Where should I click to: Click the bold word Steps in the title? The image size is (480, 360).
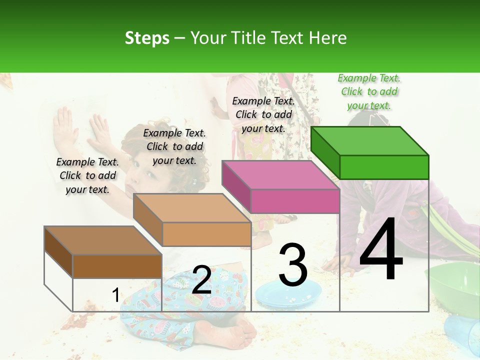(x=147, y=38)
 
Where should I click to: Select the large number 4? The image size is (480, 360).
(x=381, y=249)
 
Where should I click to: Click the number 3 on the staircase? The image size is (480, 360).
(x=293, y=265)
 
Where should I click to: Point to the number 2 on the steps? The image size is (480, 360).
(x=201, y=280)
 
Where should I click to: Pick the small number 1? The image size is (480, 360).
(x=115, y=295)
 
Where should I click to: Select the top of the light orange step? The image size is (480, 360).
(x=192, y=208)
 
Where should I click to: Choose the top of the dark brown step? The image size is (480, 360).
(x=103, y=240)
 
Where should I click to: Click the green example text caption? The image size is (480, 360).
(x=369, y=91)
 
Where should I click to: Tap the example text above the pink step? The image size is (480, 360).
(x=263, y=114)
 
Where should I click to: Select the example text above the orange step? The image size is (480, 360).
(x=174, y=146)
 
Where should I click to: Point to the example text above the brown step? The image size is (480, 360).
(x=87, y=175)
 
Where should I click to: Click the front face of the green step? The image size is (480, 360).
(x=384, y=167)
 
